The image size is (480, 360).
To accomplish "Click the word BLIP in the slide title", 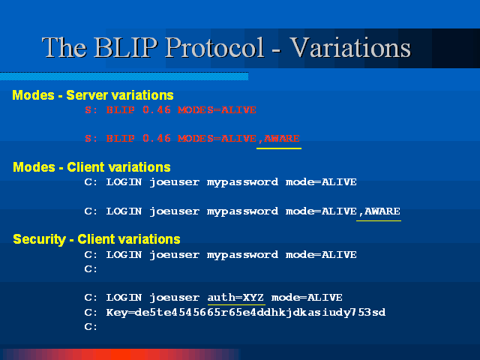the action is tap(126, 47).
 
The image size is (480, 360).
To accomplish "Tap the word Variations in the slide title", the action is tap(350, 47).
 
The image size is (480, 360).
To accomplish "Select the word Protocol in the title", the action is tap(214, 47).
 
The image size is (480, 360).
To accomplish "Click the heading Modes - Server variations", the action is tap(93, 95).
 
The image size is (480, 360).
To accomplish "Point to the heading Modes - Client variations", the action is tap(91, 167).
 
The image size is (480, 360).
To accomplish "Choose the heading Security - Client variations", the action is tap(97, 239).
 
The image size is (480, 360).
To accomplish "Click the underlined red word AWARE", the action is tap(282, 138).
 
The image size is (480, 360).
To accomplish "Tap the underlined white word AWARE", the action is tap(382, 211).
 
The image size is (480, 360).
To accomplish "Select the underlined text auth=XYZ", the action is tap(235, 297).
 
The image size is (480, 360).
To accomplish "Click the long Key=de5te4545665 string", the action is tap(246, 312).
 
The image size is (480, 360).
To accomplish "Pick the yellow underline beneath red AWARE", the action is tap(279, 148).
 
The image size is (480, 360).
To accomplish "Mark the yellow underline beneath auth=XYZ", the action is tap(236, 304).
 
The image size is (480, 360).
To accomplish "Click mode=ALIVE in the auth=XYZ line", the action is tap(307, 297).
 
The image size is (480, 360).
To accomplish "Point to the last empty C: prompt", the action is tap(91, 327).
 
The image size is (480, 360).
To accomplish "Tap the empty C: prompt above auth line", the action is tap(91, 268).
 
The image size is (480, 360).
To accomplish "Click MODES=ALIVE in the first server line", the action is tap(217, 110).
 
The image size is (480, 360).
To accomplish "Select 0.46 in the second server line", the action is tap(157, 138).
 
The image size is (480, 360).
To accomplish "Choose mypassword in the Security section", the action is tap(242, 255).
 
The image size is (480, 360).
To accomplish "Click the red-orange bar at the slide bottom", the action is tap(121, 354).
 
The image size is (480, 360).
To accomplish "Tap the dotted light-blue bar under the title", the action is tap(124, 76).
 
